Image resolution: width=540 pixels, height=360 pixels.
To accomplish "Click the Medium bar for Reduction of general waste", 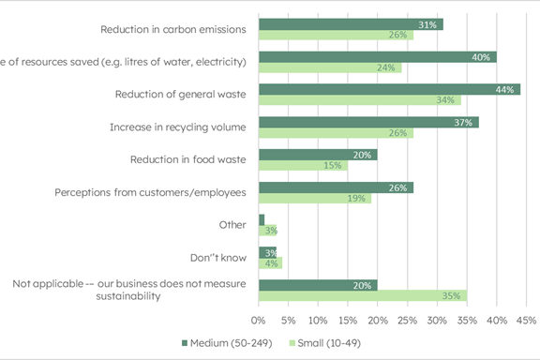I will pyautogui.click(x=389, y=89).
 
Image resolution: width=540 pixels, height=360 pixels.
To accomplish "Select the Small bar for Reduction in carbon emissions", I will pyautogui.click(x=336, y=36).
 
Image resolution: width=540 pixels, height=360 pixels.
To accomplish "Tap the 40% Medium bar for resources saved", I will pyautogui.click(x=377, y=56).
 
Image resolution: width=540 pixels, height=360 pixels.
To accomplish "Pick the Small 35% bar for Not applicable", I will pyautogui.click(x=363, y=296).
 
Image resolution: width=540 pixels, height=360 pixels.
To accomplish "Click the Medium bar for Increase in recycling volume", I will pyautogui.click(x=368, y=122).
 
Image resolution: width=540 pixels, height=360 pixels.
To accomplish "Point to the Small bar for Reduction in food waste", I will pyautogui.click(x=303, y=166).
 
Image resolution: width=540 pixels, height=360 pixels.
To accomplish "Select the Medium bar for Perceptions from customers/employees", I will pyautogui.click(x=336, y=187).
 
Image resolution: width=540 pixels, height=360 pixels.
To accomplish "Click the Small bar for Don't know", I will pyautogui.click(x=270, y=263).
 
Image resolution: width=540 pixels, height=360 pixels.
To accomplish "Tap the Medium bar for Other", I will pyautogui.click(x=262, y=219).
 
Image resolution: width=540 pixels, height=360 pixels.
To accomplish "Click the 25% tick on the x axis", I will pyautogui.click(x=407, y=320).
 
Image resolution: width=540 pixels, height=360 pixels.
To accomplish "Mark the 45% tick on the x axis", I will pyautogui.click(x=525, y=320).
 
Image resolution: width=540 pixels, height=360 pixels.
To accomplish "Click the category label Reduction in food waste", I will pyautogui.click(x=187, y=159).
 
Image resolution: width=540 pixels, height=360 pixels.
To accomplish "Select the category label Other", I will pyautogui.click(x=232, y=225).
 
